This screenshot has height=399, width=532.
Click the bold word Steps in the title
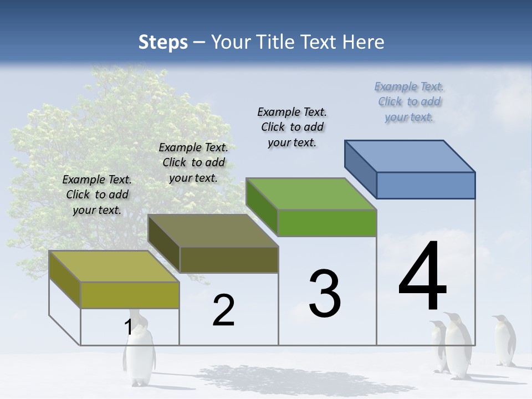click(x=163, y=42)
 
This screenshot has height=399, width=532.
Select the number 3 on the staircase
click(x=325, y=294)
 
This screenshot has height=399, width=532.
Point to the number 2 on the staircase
click(x=224, y=310)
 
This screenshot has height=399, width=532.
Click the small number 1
click(x=129, y=328)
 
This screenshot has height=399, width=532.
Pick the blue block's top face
click(x=410, y=156)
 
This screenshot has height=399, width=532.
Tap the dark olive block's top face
click(x=213, y=231)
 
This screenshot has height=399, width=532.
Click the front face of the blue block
click(x=426, y=185)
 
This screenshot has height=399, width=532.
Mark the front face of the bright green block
click(x=327, y=223)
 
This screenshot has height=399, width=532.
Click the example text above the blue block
click(x=410, y=101)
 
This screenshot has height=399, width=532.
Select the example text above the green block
click(x=292, y=127)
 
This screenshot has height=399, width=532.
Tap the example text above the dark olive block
click(x=193, y=162)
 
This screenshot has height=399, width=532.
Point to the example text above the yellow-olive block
click(x=97, y=195)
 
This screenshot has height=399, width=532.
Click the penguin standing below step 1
click(x=139, y=355)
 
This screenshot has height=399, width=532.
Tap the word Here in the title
click(x=363, y=42)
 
